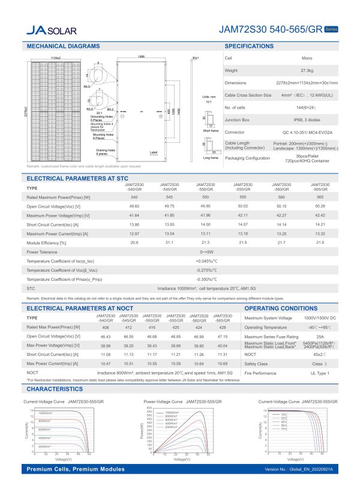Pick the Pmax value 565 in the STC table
319,197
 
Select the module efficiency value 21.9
319,242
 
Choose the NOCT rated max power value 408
105,326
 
